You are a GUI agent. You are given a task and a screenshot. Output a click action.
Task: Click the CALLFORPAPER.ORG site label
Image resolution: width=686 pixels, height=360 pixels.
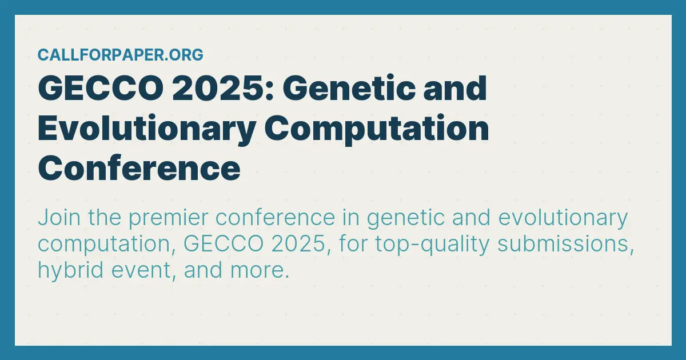tap(121, 55)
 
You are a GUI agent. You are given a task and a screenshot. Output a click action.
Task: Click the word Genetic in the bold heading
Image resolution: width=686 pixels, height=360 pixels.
tap(349, 88)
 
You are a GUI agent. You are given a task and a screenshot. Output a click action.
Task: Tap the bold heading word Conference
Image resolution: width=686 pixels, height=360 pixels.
tap(139, 169)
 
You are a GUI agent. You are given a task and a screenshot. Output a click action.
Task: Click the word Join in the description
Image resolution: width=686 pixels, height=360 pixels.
tap(59, 218)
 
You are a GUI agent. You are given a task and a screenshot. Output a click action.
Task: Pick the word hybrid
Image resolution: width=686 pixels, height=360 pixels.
tap(70, 271)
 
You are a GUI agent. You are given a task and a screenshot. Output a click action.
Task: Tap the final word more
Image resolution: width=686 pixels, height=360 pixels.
tap(260, 271)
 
